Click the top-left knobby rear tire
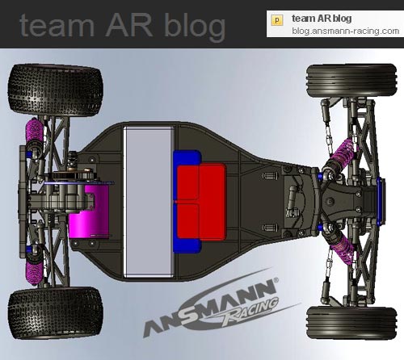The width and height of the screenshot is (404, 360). [55, 90]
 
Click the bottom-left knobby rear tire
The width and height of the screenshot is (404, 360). [55, 313]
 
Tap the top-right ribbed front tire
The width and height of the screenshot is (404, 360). [351, 81]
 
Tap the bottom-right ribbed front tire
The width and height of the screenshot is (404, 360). [351, 323]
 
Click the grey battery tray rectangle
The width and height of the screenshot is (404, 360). [149, 202]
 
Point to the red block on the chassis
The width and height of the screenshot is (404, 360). [201, 202]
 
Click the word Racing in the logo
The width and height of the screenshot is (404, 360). [250, 310]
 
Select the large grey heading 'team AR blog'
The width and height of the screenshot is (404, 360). [122, 26]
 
